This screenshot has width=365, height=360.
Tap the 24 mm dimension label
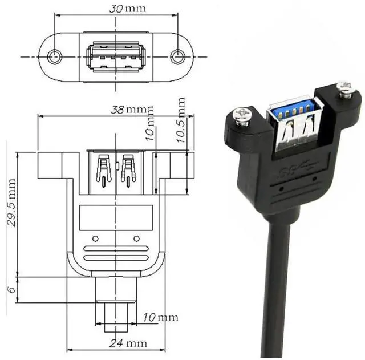(x=129, y=343)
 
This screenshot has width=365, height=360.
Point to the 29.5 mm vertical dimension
(x=11, y=202)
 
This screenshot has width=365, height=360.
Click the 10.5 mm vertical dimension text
(x=181, y=123)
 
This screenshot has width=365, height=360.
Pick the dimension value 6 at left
(x=10, y=290)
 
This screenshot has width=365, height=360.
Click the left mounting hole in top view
(x=55, y=56)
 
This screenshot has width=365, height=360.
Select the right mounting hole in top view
(x=177, y=56)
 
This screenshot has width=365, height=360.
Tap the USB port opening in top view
(x=116, y=57)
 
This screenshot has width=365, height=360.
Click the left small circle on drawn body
(x=95, y=238)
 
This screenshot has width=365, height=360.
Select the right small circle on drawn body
(x=136, y=238)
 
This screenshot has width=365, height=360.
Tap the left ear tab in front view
(x=50, y=165)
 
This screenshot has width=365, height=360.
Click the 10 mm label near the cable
(x=160, y=317)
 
